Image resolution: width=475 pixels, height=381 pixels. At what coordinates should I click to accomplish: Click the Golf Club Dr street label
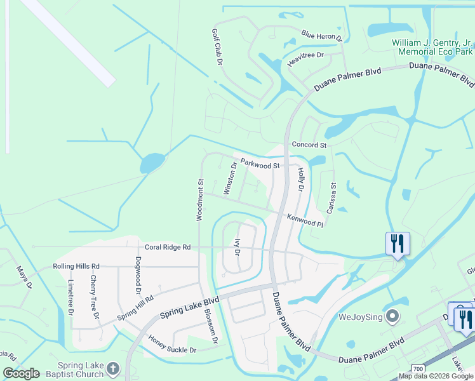pyautogui.click(x=217, y=47)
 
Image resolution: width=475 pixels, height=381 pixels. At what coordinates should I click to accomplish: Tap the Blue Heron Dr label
pyautogui.click(x=322, y=36)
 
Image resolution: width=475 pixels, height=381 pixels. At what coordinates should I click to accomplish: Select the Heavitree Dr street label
pyautogui.click(x=305, y=58)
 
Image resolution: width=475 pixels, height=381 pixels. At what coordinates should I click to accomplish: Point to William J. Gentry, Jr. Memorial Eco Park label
pyautogui.click(x=432, y=48)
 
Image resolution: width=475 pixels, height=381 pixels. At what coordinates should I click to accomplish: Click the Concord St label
pyautogui.click(x=309, y=145)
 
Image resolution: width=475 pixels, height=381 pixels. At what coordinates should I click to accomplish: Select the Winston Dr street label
pyautogui.click(x=230, y=178)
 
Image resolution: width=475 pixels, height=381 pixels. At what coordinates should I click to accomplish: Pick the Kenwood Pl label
pyautogui.click(x=305, y=220)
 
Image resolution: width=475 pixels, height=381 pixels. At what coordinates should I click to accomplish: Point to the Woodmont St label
pyautogui.click(x=199, y=199)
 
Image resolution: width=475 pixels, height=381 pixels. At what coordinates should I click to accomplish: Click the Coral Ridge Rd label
pyautogui.click(x=168, y=247)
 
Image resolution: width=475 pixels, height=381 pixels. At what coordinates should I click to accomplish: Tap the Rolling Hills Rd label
pyautogui.click(x=76, y=266)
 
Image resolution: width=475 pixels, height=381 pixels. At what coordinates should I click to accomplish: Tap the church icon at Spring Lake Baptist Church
pyautogui.click(x=113, y=369)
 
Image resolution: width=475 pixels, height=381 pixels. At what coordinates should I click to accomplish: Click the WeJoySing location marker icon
pyautogui.click(x=393, y=316)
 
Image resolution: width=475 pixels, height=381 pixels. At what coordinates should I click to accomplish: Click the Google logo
pyautogui.click(x=21, y=373)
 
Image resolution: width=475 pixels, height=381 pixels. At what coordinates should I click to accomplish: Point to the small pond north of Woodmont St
pyautogui.click(x=152, y=163)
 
